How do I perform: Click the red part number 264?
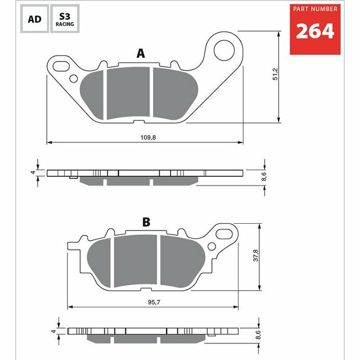(315, 31)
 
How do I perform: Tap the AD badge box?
(34, 19)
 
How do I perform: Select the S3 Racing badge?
(65, 19)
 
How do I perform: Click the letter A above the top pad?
(141, 53)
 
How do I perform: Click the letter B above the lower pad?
(146, 222)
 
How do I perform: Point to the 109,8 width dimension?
(148, 137)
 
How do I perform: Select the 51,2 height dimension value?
(275, 74)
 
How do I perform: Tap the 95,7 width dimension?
(154, 302)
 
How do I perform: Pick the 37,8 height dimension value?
(255, 255)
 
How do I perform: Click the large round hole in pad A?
(224, 50)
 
